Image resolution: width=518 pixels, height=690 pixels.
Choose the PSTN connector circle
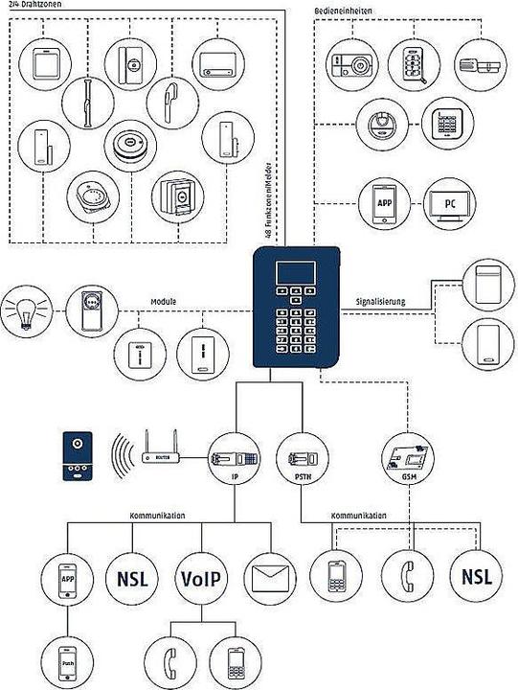pyautogui.click(x=296, y=456)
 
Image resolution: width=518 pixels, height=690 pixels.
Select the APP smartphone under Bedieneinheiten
pyautogui.click(x=384, y=202)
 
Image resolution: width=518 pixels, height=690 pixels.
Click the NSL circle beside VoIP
pyautogui.click(x=130, y=579)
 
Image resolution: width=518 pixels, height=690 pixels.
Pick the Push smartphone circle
pyautogui.click(x=68, y=660)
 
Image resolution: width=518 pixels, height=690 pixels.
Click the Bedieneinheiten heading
pyautogui.click(x=344, y=10)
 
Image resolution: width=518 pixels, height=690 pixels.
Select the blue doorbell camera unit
pyautogui.click(x=78, y=455)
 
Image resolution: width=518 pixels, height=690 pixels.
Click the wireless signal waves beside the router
pyautogui.click(x=119, y=456)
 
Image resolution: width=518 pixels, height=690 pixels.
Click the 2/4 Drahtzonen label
pyautogui.click(x=35, y=5)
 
